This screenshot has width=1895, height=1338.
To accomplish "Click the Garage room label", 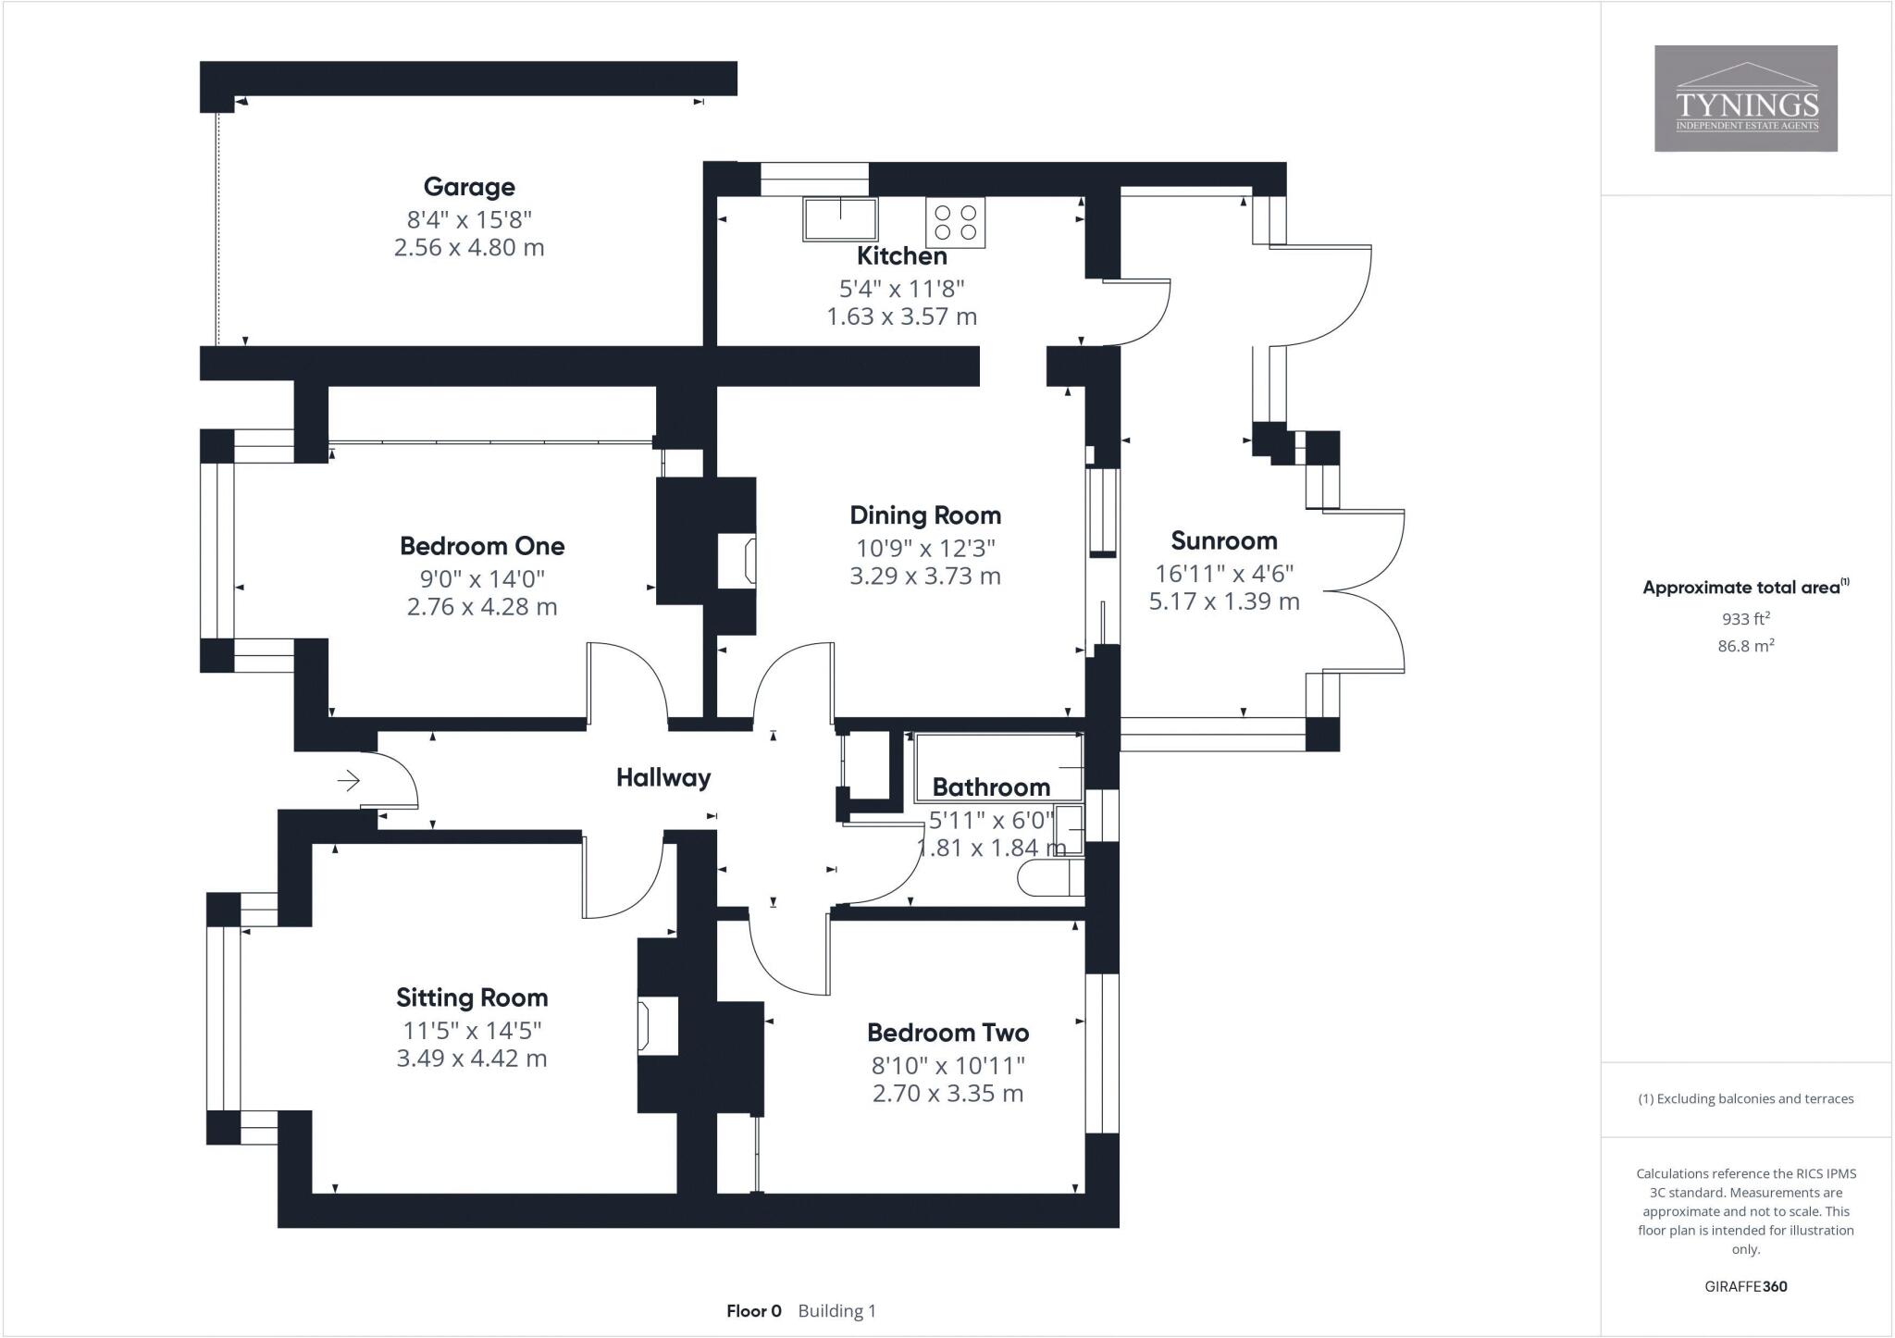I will tap(469, 187).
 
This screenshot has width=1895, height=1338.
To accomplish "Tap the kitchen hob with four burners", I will tap(956, 222).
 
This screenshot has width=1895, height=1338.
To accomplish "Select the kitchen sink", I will tap(840, 218).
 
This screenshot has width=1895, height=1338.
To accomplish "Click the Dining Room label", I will tap(925, 515).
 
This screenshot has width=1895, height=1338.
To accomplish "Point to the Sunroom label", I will tap(1223, 540).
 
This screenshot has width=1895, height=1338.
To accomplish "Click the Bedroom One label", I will tap(482, 546).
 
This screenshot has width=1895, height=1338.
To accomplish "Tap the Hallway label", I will tap(663, 777).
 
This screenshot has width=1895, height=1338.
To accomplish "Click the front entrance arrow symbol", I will tap(349, 782).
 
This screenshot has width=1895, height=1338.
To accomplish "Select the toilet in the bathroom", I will tap(1049, 878).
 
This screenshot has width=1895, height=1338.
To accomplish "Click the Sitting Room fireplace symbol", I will tap(645, 1025).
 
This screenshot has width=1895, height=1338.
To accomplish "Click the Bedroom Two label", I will tap(947, 1033).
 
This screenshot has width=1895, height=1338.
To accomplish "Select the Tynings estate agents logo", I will tap(1746, 99).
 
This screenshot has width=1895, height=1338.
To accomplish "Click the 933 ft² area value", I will tap(1745, 619).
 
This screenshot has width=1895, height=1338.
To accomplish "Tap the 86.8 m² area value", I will tap(1745, 646).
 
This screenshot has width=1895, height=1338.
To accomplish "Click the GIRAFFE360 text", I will tap(1745, 1286).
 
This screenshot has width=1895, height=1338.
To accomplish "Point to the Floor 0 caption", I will tap(754, 1311).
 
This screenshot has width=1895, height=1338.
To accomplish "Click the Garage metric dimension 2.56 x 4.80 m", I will tap(469, 248).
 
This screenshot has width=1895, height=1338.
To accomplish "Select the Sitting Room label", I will tap(472, 997).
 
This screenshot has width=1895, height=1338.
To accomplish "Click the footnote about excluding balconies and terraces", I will tap(1745, 1099).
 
